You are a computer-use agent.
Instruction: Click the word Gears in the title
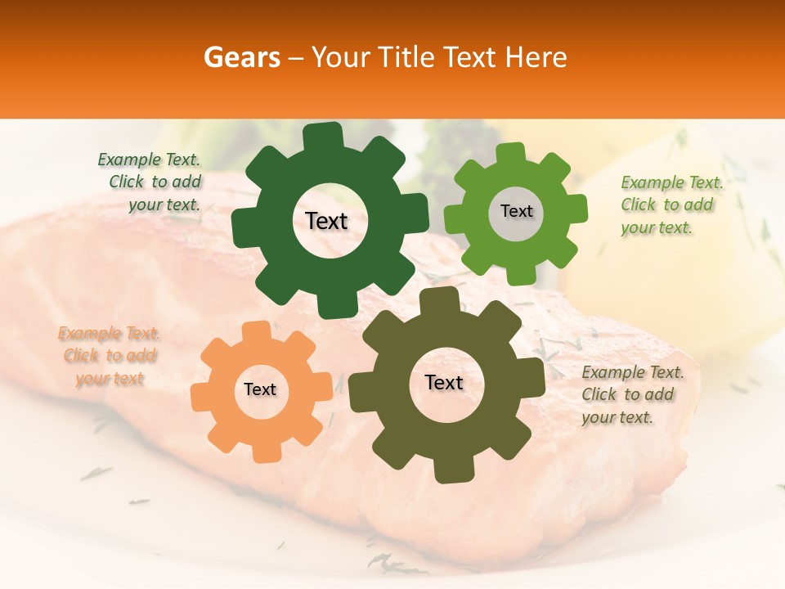(238, 57)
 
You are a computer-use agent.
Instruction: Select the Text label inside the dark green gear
(326, 221)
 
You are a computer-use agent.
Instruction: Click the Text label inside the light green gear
(516, 211)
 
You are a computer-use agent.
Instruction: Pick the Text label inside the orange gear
(260, 389)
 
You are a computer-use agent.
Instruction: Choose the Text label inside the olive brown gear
(444, 382)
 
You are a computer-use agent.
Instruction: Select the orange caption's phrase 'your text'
(110, 378)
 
